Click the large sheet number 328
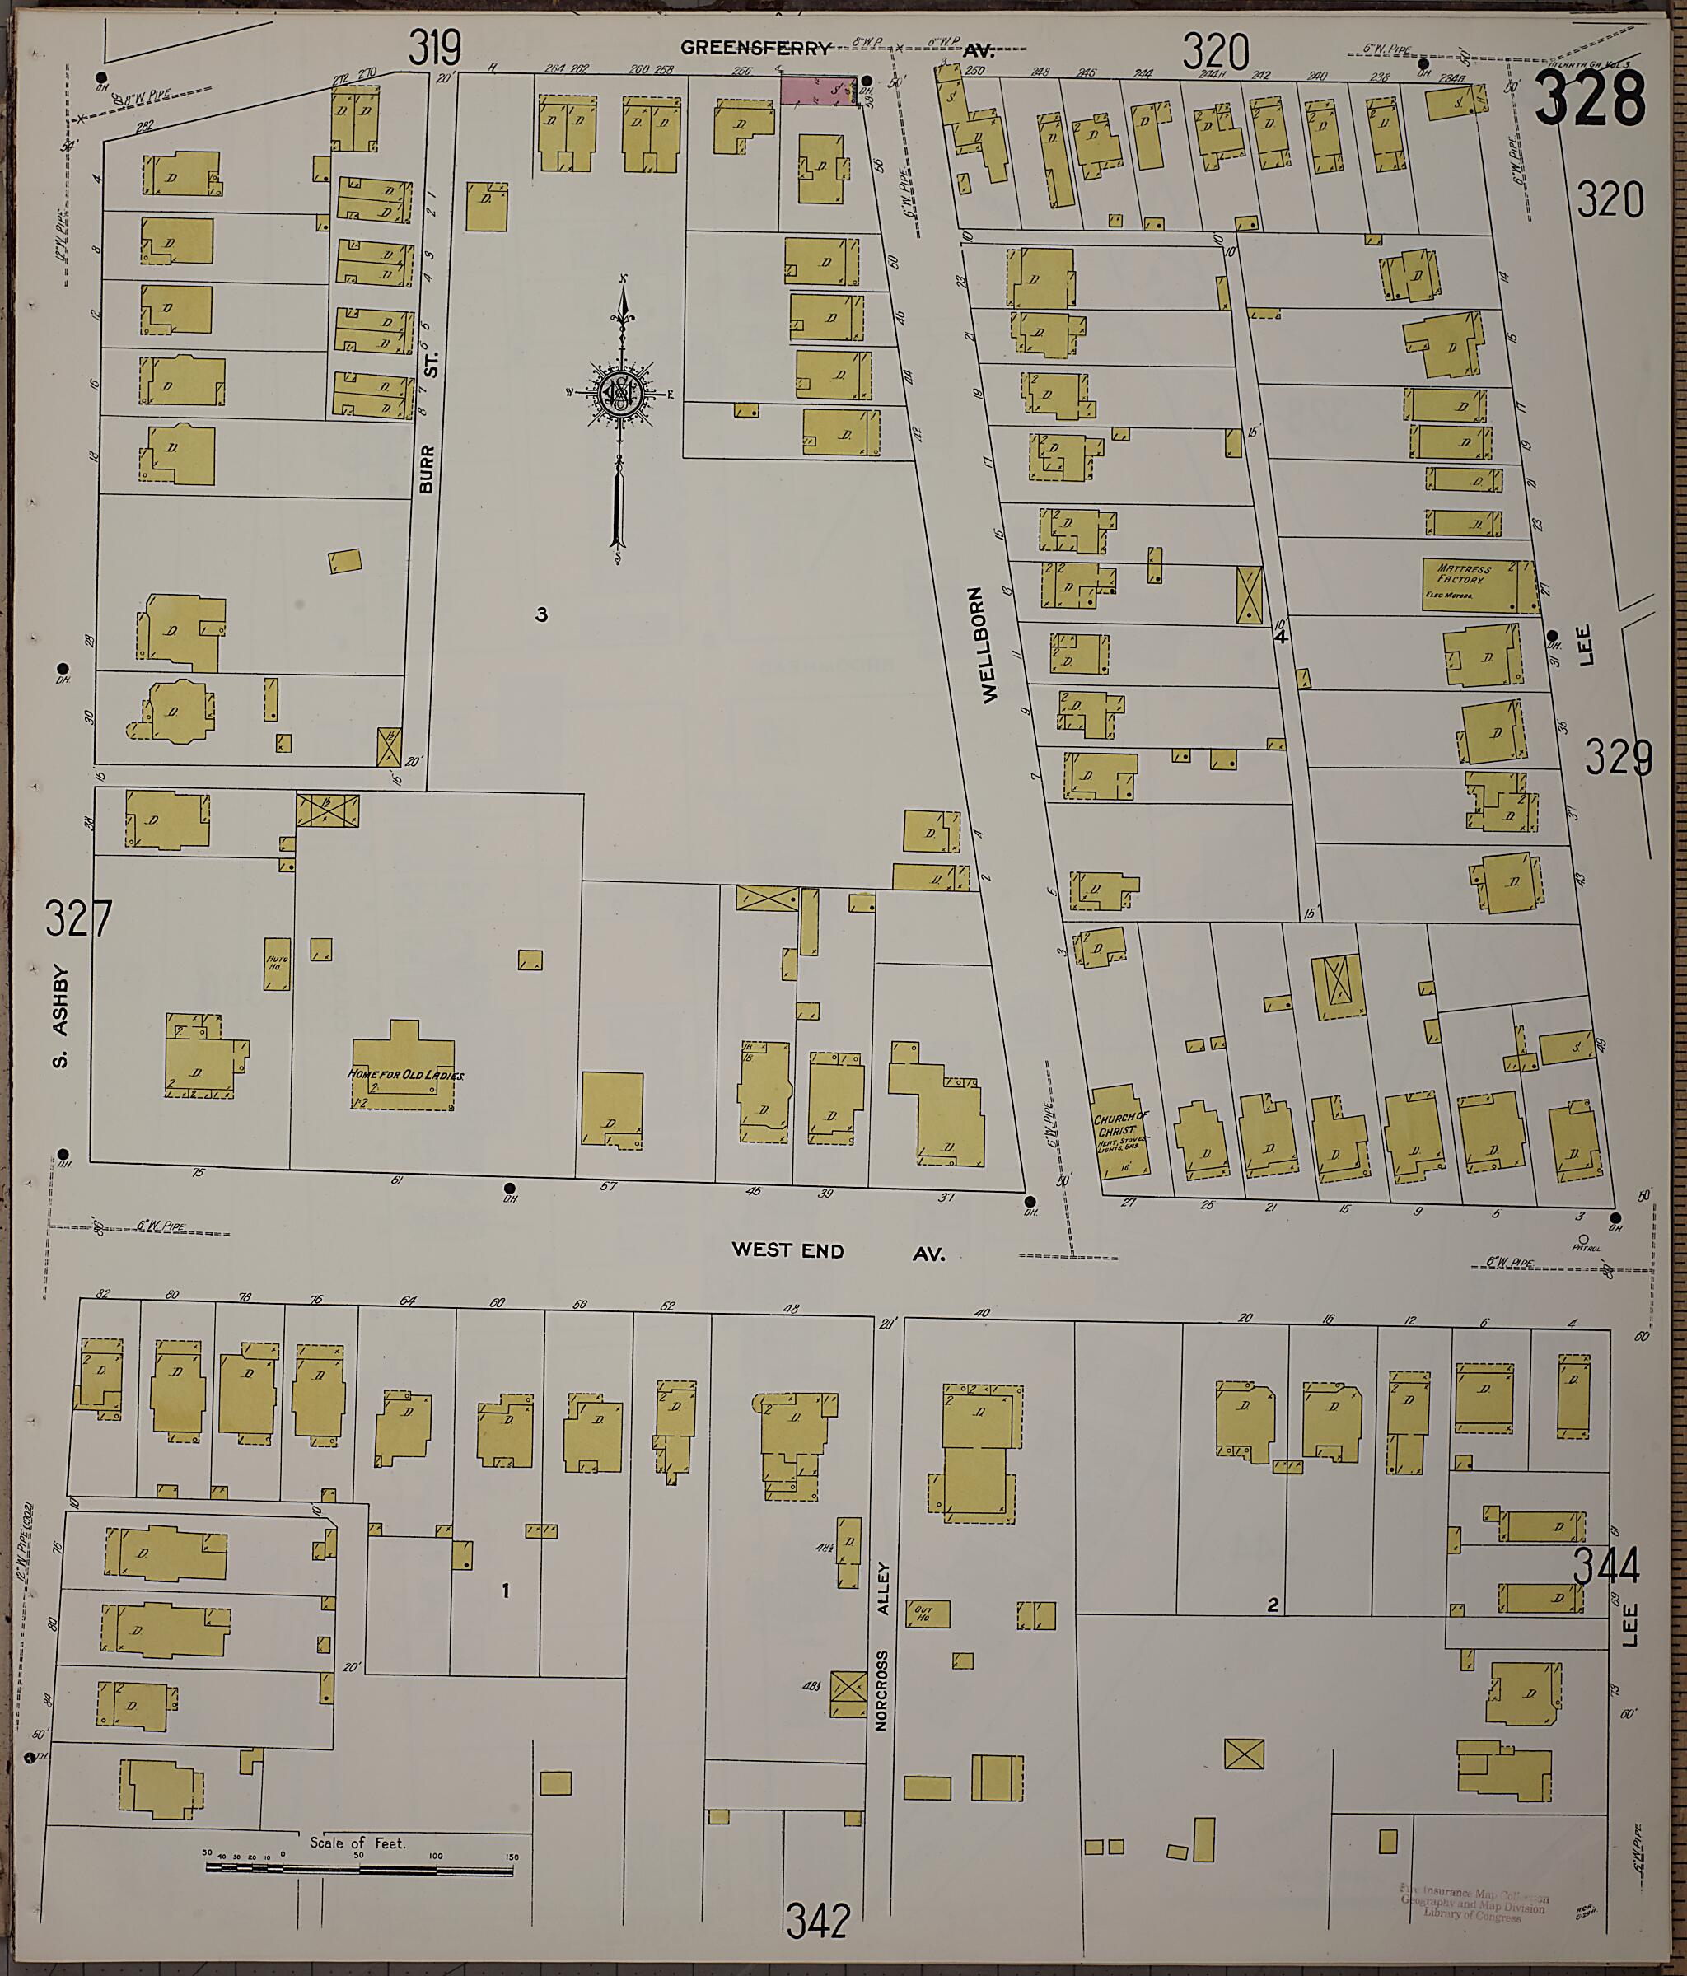[1589, 99]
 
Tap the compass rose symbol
[621, 391]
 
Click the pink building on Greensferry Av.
[818, 91]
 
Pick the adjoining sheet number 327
[78, 919]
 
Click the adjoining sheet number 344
[1605, 1567]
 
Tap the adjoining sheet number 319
[435, 48]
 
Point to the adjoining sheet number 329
[1619, 757]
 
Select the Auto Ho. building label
[277, 962]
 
